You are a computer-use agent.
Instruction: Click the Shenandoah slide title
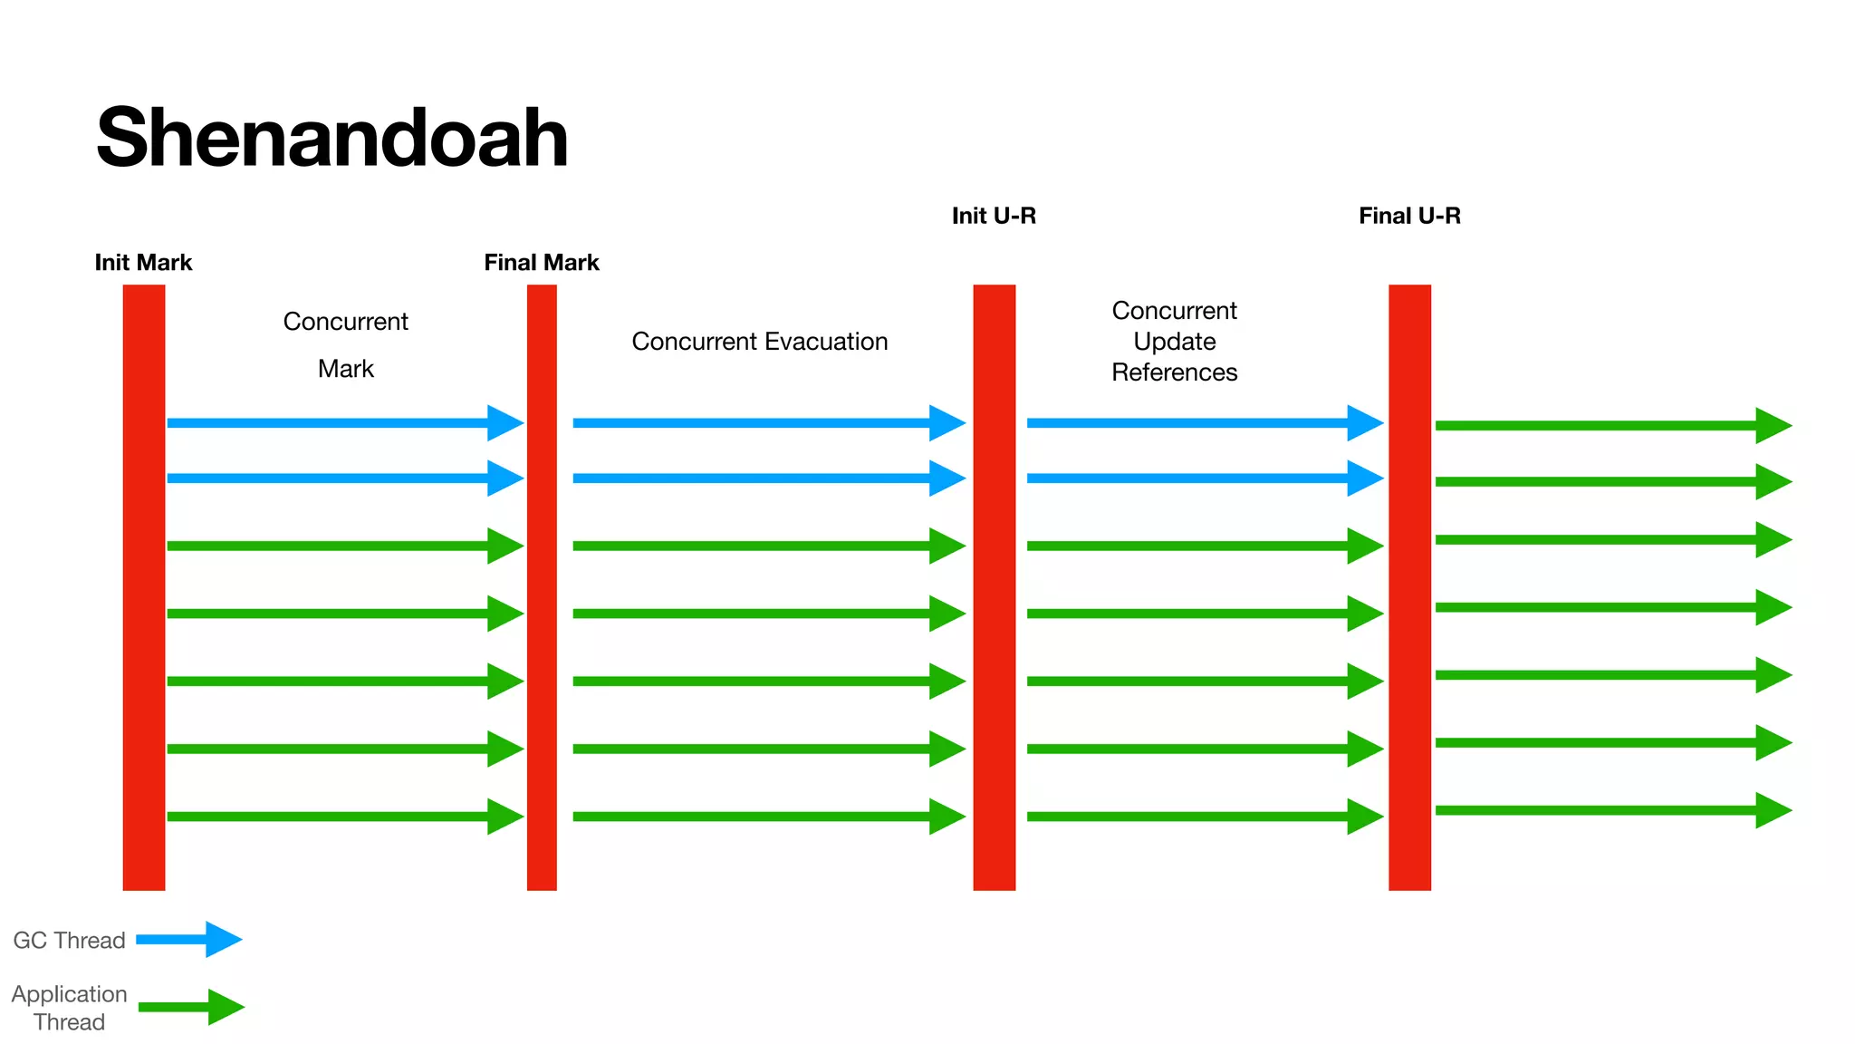pyautogui.click(x=332, y=138)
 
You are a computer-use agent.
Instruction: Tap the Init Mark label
pyautogui.click(x=143, y=263)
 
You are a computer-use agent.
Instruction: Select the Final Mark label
pyautogui.click(x=542, y=263)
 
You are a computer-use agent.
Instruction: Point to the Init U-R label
pyautogui.click(x=994, y=216)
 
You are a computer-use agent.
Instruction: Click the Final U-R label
pyautogui.click(x=1409, y=216)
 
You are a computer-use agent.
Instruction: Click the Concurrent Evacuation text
pyautogui.click(x=759, y=342)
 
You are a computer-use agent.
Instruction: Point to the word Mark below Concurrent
pyautogui.click(x=345, y=369)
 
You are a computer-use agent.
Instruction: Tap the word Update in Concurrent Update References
pyautogui.click(x=1174, y=342)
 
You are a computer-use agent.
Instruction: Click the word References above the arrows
pyautogui.click(x=1174, y=372)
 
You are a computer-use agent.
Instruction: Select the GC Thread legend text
pyautogui.click(x=69, y=941)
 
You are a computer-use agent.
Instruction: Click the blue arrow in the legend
pyautogui.click(x=188, y=940)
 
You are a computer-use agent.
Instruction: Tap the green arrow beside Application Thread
pyautogui.click(x=191, y=1007)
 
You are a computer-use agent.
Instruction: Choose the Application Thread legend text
pyautogui.click(x=69, y=1008)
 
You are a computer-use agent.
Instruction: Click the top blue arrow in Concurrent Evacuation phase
pyautogui.click(x=768, y=423)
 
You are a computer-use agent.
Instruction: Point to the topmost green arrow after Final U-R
pyautogui.click(x=1612, y=426)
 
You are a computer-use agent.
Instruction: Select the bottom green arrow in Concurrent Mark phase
pyautogui.click(x=344, y=817)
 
